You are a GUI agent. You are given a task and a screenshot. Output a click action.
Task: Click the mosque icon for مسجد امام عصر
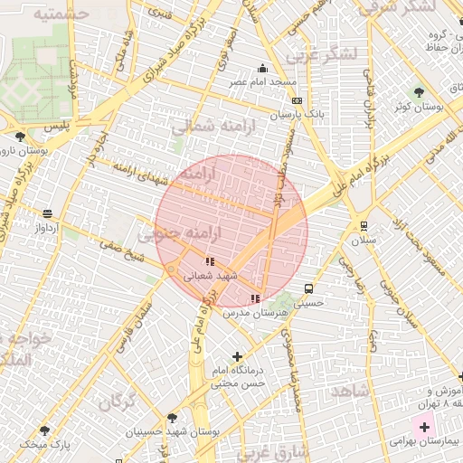263,68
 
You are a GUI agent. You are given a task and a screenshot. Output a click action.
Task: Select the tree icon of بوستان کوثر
418,92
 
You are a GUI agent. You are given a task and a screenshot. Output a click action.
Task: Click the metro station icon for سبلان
364,226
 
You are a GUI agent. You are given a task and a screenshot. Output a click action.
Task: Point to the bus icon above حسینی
309,289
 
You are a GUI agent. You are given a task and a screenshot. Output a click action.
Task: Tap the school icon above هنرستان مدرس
255,298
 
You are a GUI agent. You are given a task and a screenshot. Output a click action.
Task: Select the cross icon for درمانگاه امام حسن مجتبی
238,357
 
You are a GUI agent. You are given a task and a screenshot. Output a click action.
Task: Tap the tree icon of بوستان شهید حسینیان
172,418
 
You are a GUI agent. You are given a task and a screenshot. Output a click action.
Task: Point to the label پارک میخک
46,445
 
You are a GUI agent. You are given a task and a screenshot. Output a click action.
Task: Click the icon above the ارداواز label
47,214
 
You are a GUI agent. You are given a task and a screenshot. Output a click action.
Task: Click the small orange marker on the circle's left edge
169,269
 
